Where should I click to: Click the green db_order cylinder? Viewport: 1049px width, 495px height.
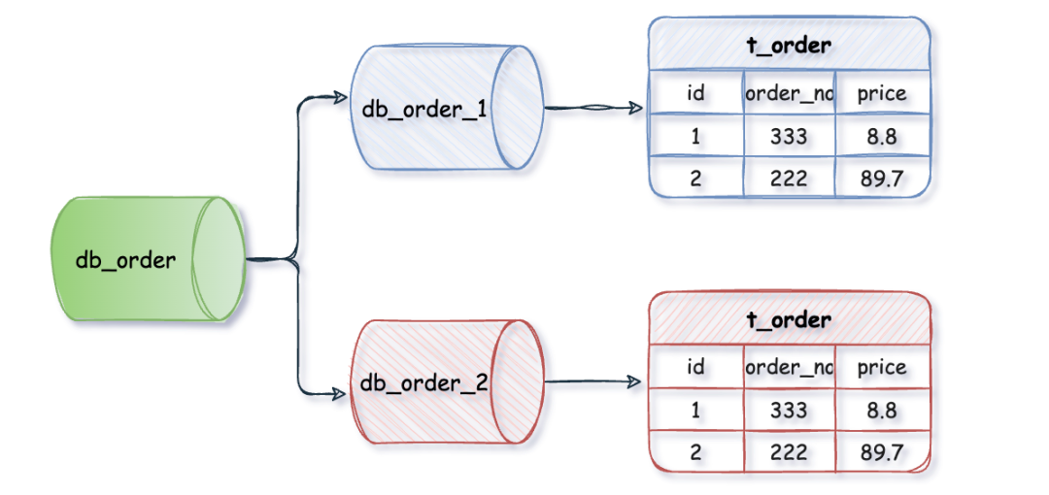[x=146, y=260]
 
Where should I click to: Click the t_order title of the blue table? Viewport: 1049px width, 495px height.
[x=788, y=45]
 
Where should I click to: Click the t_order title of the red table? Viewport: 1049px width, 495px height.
[x=788, y=319]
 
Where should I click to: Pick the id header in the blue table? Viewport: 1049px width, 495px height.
[x=695, y=93]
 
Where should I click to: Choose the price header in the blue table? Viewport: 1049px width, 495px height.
[x=882, y=93]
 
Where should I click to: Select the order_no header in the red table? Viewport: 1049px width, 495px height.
[x=789, y=367]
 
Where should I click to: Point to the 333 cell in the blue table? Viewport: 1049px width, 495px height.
[x=789, y=137]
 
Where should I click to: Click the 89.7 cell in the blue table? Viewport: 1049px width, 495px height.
[x=882, y=178]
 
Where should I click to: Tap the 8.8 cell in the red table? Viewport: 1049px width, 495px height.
[x=882, y=411]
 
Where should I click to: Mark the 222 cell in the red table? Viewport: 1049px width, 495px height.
[x=789, y=451]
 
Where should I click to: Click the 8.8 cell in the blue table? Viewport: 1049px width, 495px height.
[x=882, y=137]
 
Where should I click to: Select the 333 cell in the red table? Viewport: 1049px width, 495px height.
[x=789, y=411]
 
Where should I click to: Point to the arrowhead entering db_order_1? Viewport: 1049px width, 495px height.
[x=339, y=98]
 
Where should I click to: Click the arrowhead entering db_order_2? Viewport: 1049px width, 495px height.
[x=339, y=393]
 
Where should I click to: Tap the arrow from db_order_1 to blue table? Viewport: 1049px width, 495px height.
[x=592, y=109]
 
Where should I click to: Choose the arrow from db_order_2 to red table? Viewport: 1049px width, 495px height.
[x=592, y=383]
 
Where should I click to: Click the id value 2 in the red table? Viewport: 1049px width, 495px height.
[x=695, y=451]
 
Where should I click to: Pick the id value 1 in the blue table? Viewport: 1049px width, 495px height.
[x=695, y=137]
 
